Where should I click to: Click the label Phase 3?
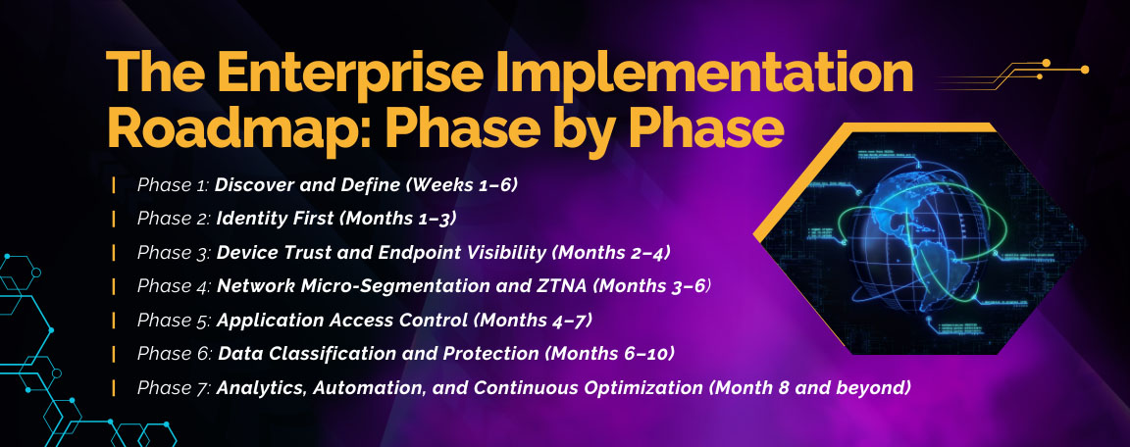point(175,253)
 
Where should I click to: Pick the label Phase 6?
point(175,354)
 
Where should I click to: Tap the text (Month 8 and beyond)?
point(810,388)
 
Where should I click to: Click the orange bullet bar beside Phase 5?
point(115,321)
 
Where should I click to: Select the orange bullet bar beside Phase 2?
point(115,219)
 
